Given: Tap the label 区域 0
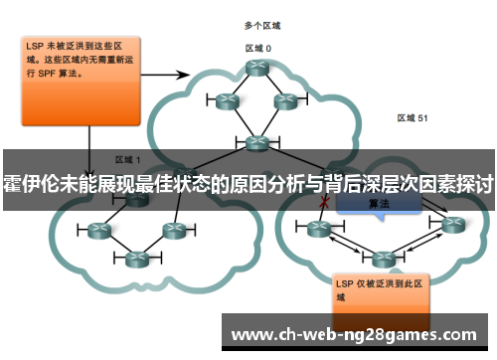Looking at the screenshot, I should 258,47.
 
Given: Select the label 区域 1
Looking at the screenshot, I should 128,159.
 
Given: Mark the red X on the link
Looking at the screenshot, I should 322,202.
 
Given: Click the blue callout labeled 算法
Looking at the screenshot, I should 378,203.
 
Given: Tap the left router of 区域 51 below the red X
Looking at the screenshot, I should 318,229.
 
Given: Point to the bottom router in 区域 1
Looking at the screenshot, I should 133,261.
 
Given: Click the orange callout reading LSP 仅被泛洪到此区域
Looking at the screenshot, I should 376,288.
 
